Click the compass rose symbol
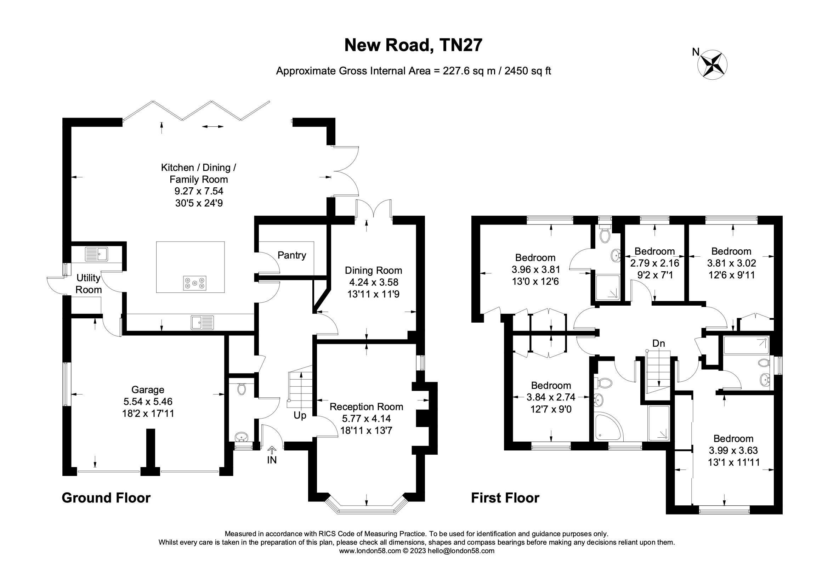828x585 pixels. point(712,65)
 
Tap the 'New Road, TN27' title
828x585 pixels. point(413,45)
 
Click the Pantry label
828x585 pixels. point(292,255)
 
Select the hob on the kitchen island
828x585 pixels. point(195,283)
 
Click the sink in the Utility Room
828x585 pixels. point(96,254)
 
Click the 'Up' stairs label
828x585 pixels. point(300,415)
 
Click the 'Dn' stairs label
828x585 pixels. point(658,343)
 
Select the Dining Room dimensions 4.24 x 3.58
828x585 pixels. point(373,282)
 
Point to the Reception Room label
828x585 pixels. point(366,407)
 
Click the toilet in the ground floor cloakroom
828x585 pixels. point(241,389)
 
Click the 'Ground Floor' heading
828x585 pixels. point(106,498)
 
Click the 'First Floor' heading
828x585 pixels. point(505,498)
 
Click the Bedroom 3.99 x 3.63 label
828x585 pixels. point(733,438)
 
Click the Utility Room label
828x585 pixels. point(88,284)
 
